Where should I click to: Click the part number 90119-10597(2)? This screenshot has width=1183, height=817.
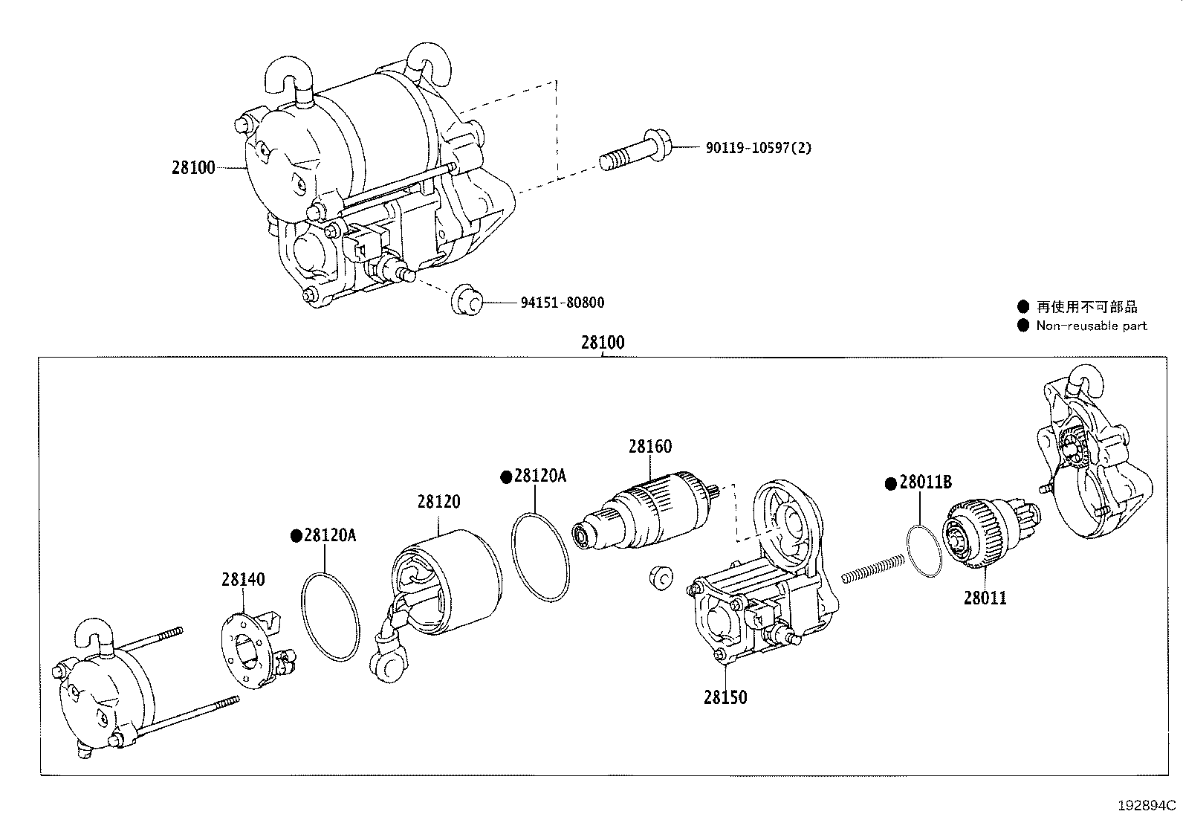[x=758, y=148]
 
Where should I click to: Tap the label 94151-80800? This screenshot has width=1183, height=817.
[x=562, y=303]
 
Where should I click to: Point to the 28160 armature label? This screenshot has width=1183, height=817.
[x=649, y=446]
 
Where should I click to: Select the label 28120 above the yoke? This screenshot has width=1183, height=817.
[x=438, y=502]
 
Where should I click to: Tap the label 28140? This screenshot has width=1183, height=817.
[x=242, y=579]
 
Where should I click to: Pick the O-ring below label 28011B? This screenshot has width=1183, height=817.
[x=922, y=549]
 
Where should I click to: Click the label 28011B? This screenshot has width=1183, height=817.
[x=924, y=482]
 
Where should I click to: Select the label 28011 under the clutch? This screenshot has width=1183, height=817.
[x=985, y=598]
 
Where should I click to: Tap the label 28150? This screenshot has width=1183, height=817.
[x=725, y=697]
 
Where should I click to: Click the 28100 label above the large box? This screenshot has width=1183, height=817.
[x=603, y=343]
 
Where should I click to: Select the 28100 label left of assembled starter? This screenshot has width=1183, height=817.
[x=193, y=168]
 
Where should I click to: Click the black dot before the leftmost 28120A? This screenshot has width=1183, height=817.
[x=295, y=535]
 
